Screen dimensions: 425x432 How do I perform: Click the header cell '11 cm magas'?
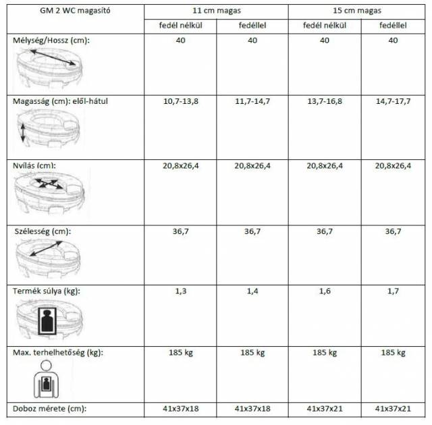pyautogui.click(x=216, y=11)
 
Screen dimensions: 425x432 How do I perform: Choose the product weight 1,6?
pyautogui.click(x=325, y=291)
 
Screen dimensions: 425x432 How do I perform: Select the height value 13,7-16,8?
pyautogui.click(x=325, y=101)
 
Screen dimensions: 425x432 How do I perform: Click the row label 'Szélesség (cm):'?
pyautogui.click(x=43, y=231)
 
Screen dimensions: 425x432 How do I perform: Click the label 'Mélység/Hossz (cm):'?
pyautogui.click(x=51, y=40)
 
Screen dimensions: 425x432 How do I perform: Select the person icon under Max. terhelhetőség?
pyautogui.click(x=47, y=381)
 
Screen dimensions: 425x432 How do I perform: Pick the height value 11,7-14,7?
pyautogui.click(x=252, y=101)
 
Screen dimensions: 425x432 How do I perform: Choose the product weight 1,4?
pyautogui.click(x=252, y=291)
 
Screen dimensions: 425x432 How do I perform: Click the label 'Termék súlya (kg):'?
pyautogui.click(x=47, y=291)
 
